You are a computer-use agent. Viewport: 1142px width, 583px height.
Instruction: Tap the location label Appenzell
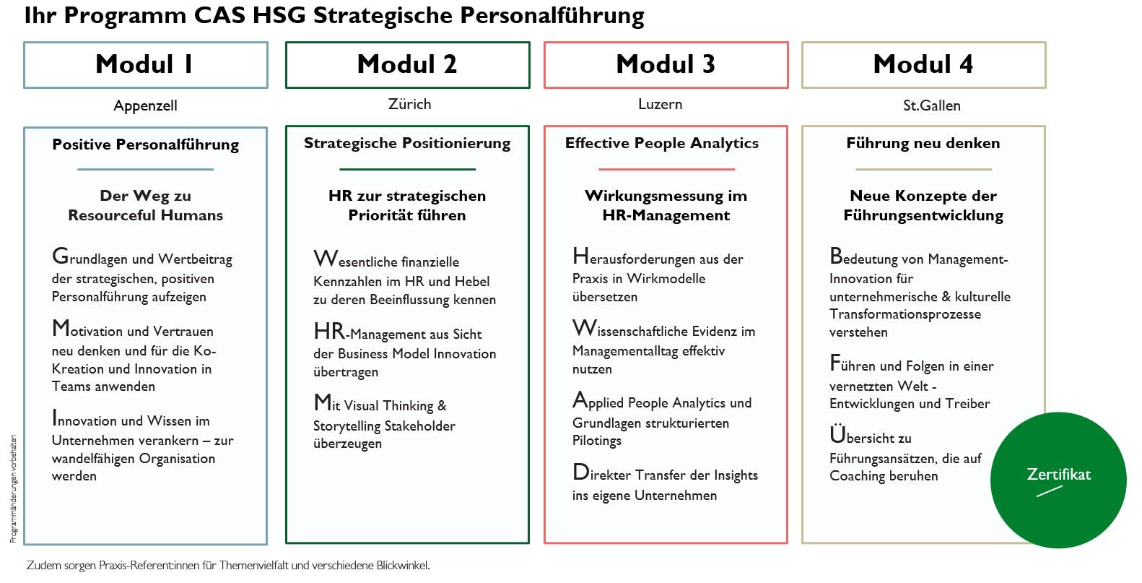pos(145,105)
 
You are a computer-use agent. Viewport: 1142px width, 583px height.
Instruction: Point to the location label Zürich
pos(409,104)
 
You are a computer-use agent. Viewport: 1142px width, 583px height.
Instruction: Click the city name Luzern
pos(661,104)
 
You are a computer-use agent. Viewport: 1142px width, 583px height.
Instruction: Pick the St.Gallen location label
pos(931,105)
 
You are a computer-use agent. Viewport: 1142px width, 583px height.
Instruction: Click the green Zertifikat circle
pos(1058,480)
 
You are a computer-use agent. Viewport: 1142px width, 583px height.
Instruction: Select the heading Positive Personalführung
pos(145,145)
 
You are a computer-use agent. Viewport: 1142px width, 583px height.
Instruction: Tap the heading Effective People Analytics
pos(662,143)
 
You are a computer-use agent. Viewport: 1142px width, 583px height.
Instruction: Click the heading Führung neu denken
pos(923,143)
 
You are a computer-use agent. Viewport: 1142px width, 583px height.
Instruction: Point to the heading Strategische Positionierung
pos(407,143)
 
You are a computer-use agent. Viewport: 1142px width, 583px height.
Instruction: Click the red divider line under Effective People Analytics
pos(666,169)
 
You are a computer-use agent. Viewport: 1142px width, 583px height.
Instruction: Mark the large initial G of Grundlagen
pos(60,256)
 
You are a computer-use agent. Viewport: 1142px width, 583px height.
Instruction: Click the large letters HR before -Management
pos(329,332)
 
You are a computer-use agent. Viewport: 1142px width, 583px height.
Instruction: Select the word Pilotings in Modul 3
pos(596,441)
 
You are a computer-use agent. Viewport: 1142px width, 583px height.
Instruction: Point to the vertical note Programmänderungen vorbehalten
pos(13,488)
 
